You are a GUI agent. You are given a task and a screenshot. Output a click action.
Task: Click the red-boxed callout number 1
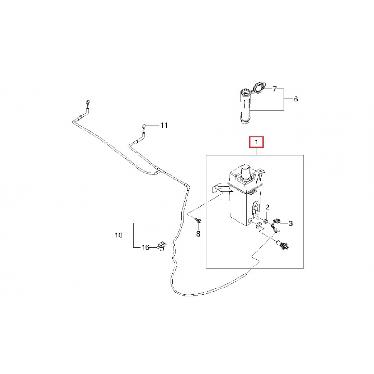point(256,142)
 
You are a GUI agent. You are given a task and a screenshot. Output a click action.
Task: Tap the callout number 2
point(267,207)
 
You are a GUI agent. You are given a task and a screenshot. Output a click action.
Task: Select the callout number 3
point(290,223)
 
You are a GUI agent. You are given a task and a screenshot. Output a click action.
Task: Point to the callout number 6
point(296,99)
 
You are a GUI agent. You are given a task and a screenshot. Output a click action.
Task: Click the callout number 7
point(275,89)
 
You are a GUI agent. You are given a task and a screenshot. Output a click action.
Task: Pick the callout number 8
point(198,234)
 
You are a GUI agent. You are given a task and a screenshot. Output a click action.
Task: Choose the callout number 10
point(119,236)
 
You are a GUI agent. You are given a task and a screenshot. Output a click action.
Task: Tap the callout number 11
point(165,125)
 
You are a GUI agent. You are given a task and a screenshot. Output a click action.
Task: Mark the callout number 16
point(145,247)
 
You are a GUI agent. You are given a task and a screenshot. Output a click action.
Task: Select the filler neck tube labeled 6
point(245,106)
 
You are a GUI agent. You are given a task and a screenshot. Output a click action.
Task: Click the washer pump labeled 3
point(277,225)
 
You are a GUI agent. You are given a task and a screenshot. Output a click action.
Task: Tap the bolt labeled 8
point(198,220)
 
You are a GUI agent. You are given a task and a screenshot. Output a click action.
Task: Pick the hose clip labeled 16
point(162,246)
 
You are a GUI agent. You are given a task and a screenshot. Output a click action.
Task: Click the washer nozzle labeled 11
point(144,126)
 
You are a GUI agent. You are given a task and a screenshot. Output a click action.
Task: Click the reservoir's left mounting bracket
point(221,188)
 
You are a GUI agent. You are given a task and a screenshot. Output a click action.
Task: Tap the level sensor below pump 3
point(282,245)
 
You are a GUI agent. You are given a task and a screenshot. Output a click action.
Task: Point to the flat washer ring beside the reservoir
point(258,225)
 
